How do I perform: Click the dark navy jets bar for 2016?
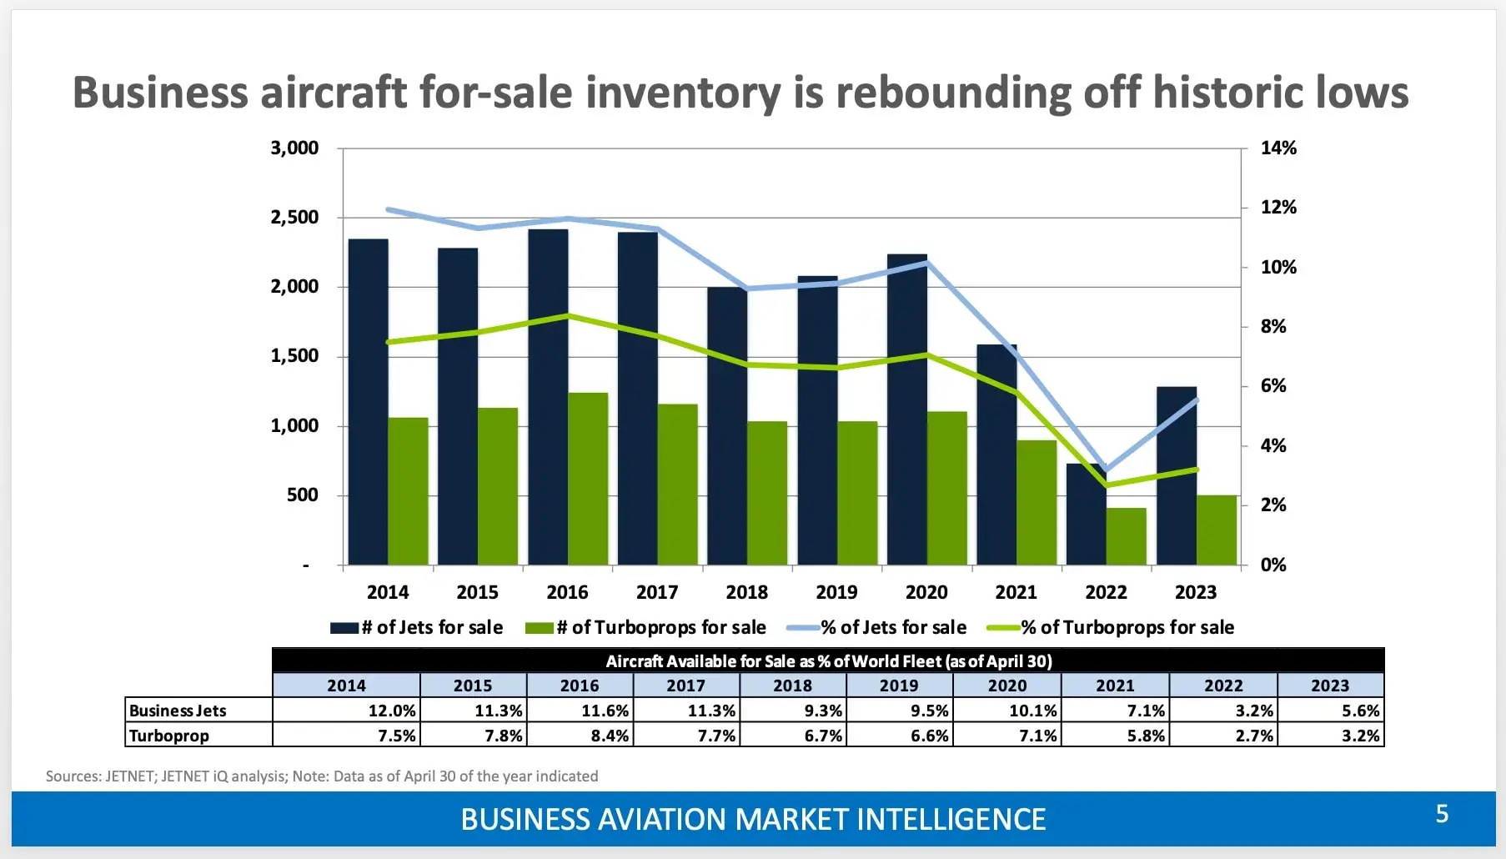548,396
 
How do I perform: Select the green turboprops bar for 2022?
1126,536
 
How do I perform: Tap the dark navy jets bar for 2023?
1176,475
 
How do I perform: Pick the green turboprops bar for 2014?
408,491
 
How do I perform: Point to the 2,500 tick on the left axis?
294,218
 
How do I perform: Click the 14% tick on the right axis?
1278,148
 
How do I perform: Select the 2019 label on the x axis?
836,592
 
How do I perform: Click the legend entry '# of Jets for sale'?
417,627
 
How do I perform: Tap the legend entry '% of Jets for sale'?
877,627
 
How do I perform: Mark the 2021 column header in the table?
1115,686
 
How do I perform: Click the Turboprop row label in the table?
169,736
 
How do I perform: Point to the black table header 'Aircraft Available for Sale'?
828,661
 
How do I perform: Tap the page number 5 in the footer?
1442,814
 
